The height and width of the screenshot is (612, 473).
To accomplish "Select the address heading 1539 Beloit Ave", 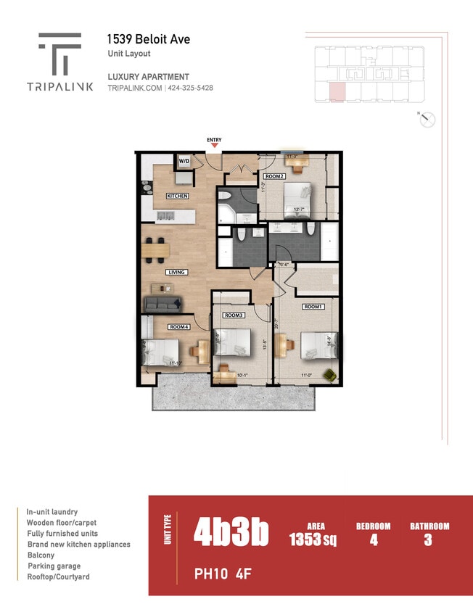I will pos(148,39).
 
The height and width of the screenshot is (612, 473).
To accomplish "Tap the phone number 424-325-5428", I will pos(191,88).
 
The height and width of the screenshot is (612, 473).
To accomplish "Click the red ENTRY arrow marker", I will pos(214,146).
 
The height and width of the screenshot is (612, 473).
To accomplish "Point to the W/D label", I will pos(184,161).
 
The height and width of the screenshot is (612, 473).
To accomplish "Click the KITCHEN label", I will pos(177,196).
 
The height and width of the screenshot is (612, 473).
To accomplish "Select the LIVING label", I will pos(176,272).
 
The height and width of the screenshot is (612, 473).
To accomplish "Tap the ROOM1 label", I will pos(313,307).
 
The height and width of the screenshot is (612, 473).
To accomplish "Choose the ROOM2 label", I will pos(273,175).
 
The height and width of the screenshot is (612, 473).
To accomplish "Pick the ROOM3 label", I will pos(233,315).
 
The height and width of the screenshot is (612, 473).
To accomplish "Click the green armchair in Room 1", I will pos(329,374).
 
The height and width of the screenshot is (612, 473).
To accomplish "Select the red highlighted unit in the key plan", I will pos(337,93).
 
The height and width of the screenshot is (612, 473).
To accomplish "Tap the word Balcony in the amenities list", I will pos(41,555).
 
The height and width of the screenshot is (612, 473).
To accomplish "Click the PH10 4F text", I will pos(222,574).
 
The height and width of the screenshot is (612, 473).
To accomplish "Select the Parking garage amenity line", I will pos(54,566).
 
